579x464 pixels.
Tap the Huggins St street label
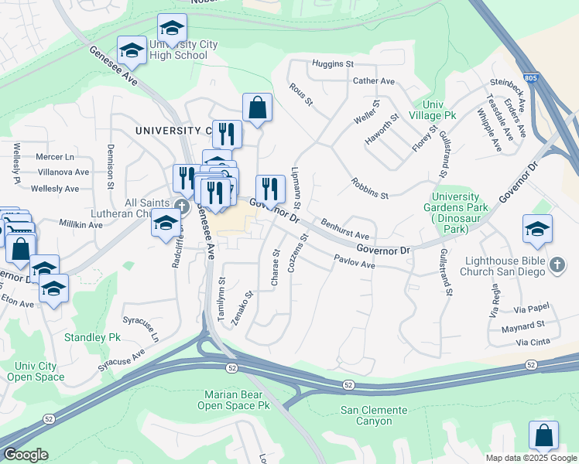[332, 63]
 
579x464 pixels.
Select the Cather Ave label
[374, 81]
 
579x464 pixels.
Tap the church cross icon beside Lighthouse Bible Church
[557, 266]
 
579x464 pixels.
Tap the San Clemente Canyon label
[374, 415]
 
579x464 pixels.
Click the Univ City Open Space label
[36, 371]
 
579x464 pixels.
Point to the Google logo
[26, 455]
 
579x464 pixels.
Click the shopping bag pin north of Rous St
[257, 109]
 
